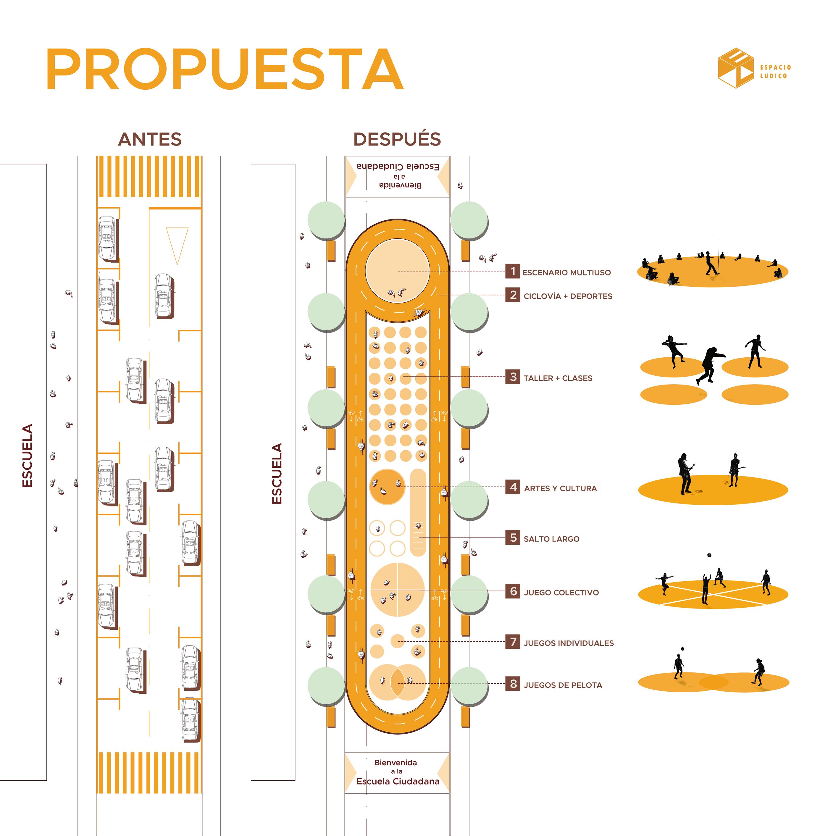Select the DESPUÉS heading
click(x=397, y=139)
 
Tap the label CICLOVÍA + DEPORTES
click(x=568, y=296)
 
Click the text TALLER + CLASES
click(x=558, y=378)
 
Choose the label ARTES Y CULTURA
click(x=560, y=488)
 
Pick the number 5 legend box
click(x=513, y=538)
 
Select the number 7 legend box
click(x=513, y=642)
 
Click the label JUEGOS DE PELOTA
click(x=563, y=685)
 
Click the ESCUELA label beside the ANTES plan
click(x=27, y=456)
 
